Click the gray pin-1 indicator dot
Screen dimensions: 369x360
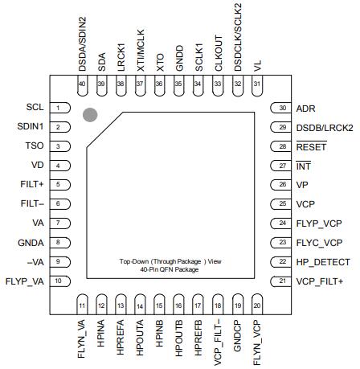click(x=91, y=115)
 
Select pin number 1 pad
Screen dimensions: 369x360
click(x=59, y=107)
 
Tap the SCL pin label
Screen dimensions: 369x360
click(x=35, y=107)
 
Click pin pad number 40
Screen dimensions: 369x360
click(x=82, y=85)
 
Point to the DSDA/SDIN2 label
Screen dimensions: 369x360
click(x=82, y=38)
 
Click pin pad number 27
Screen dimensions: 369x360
click(x=282, y=166)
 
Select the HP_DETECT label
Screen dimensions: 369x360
click(x=323, y=261)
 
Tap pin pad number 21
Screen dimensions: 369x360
click(x=282, y=281)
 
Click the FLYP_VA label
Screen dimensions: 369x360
click(x=26, y=281)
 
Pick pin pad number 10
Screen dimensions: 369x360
click(x=59, y=281)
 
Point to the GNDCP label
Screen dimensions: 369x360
click(x=237, y=338)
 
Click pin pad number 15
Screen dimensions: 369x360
click(x=159, y=305)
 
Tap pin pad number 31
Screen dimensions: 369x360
click(x=256, y=85)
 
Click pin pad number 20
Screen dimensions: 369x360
click(x=256, y=305)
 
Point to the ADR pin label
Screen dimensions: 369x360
click(x=305, y=108)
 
